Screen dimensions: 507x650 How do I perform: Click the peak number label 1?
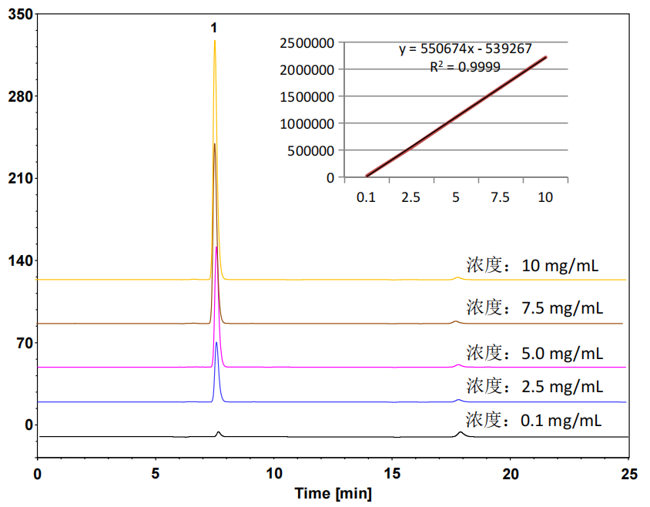pos(214,28)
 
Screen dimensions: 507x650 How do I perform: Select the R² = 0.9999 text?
pos(465,66)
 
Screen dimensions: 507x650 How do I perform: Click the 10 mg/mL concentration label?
pos(532,267)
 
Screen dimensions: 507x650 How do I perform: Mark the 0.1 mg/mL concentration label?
pos(533,421)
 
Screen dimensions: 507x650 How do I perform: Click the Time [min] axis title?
pos(333,492)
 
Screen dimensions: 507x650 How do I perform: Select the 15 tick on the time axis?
pos(392,474)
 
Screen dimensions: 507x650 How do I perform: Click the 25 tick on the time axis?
pos(628,474)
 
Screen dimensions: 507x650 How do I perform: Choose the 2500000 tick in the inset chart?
pos(307,42)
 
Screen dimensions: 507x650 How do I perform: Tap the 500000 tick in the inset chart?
pos(310,150)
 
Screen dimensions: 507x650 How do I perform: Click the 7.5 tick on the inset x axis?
pos(501,197)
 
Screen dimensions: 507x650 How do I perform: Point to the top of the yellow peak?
pos(214,41)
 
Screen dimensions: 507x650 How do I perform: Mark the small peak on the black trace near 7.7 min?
pos(219,432)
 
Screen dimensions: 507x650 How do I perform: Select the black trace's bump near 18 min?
pos(461,432)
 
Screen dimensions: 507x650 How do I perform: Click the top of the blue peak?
pos(217,342)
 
